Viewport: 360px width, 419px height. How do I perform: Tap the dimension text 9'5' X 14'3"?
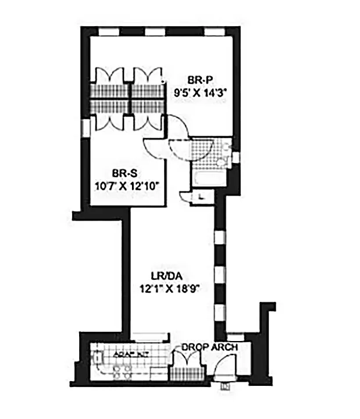(x=199, y=91)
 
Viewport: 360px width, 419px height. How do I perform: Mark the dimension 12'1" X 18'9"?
(x=169, y=287)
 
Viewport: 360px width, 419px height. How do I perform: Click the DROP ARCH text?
(x=209, y=347)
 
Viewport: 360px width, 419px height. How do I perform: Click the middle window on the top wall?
(x=154, y=31)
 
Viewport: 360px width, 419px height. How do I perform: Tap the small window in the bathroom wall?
(x=235, y=157)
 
